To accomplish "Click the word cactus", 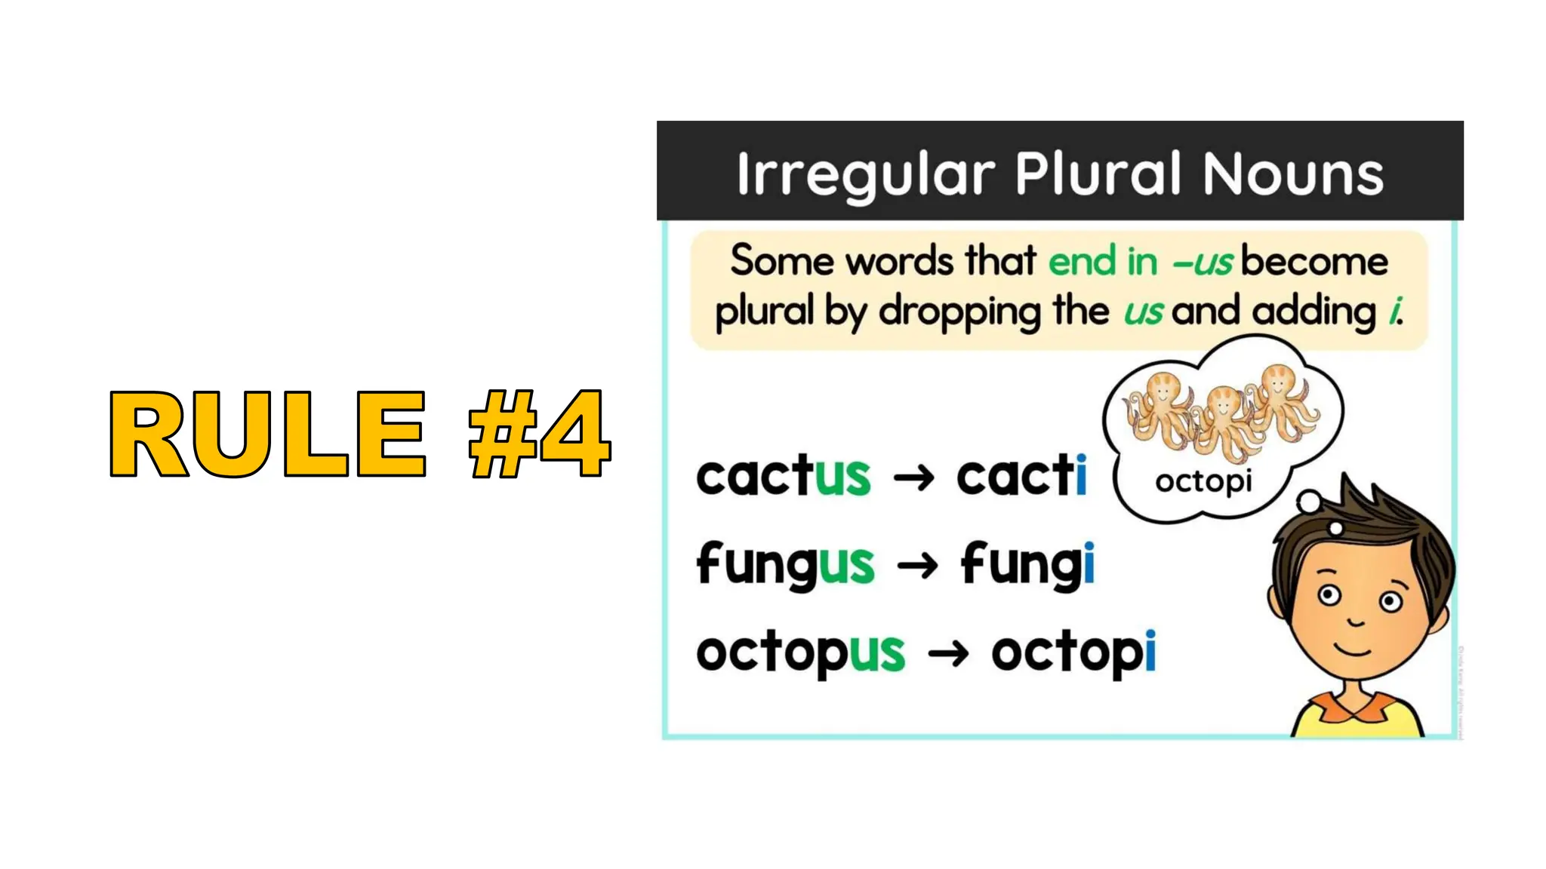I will (x=783, y=477).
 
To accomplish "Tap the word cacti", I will (x=1021, y=477).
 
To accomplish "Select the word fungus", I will (x=785, y=565).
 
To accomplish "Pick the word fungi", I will (x=1027, y=565).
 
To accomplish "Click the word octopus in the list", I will (x=800, y=653).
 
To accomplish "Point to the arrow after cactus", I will (x=913, y=478).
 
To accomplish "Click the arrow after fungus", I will (x=917, y=566).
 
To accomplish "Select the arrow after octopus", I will (x=948, y=653).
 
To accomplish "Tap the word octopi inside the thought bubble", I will (x=1203, y=481).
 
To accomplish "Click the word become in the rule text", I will (x=1314, y=262).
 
